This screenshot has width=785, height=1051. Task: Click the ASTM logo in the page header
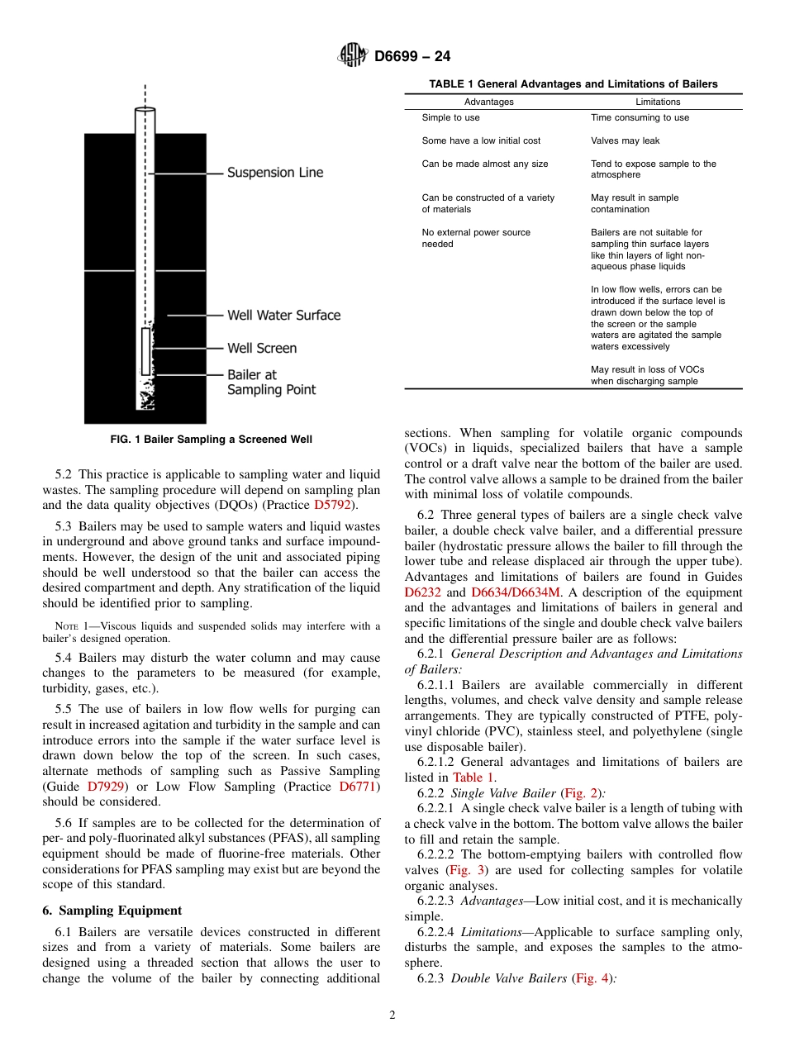coord(353,56)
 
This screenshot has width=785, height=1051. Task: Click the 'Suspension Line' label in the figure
coord(275,173)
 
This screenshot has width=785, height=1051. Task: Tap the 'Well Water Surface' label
coord(283,315)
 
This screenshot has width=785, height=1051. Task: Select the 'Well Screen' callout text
coord(262,348)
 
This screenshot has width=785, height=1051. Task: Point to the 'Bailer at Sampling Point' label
coord(271,382)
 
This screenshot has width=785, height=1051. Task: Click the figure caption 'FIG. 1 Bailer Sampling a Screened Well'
coord(212,440)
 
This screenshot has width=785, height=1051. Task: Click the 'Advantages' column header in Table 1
coord(488,102)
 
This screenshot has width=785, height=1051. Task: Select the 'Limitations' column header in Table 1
coord(658,102)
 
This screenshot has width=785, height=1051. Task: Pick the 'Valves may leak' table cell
coord(625,140)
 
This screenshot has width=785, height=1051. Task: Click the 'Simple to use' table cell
coord(450,117)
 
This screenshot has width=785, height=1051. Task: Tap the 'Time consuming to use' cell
coord(640,117)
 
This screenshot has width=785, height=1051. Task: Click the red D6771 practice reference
coord(358,787)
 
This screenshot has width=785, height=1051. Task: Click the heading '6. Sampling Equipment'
coord(112,910)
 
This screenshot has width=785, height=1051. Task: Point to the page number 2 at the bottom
coord(392,1015)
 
